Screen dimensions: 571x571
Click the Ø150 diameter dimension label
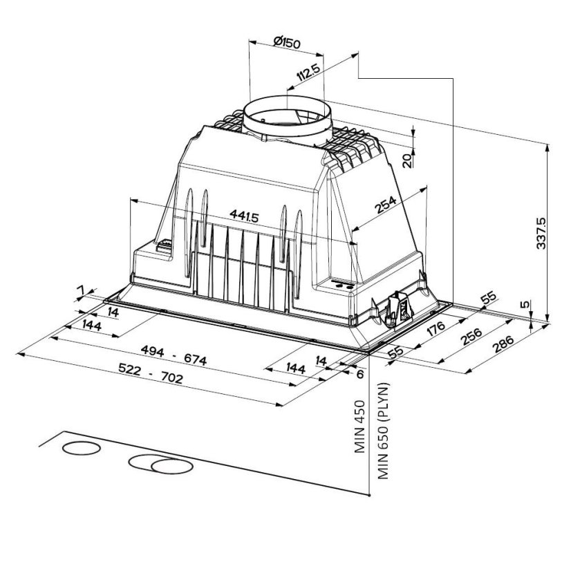[285, 43]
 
